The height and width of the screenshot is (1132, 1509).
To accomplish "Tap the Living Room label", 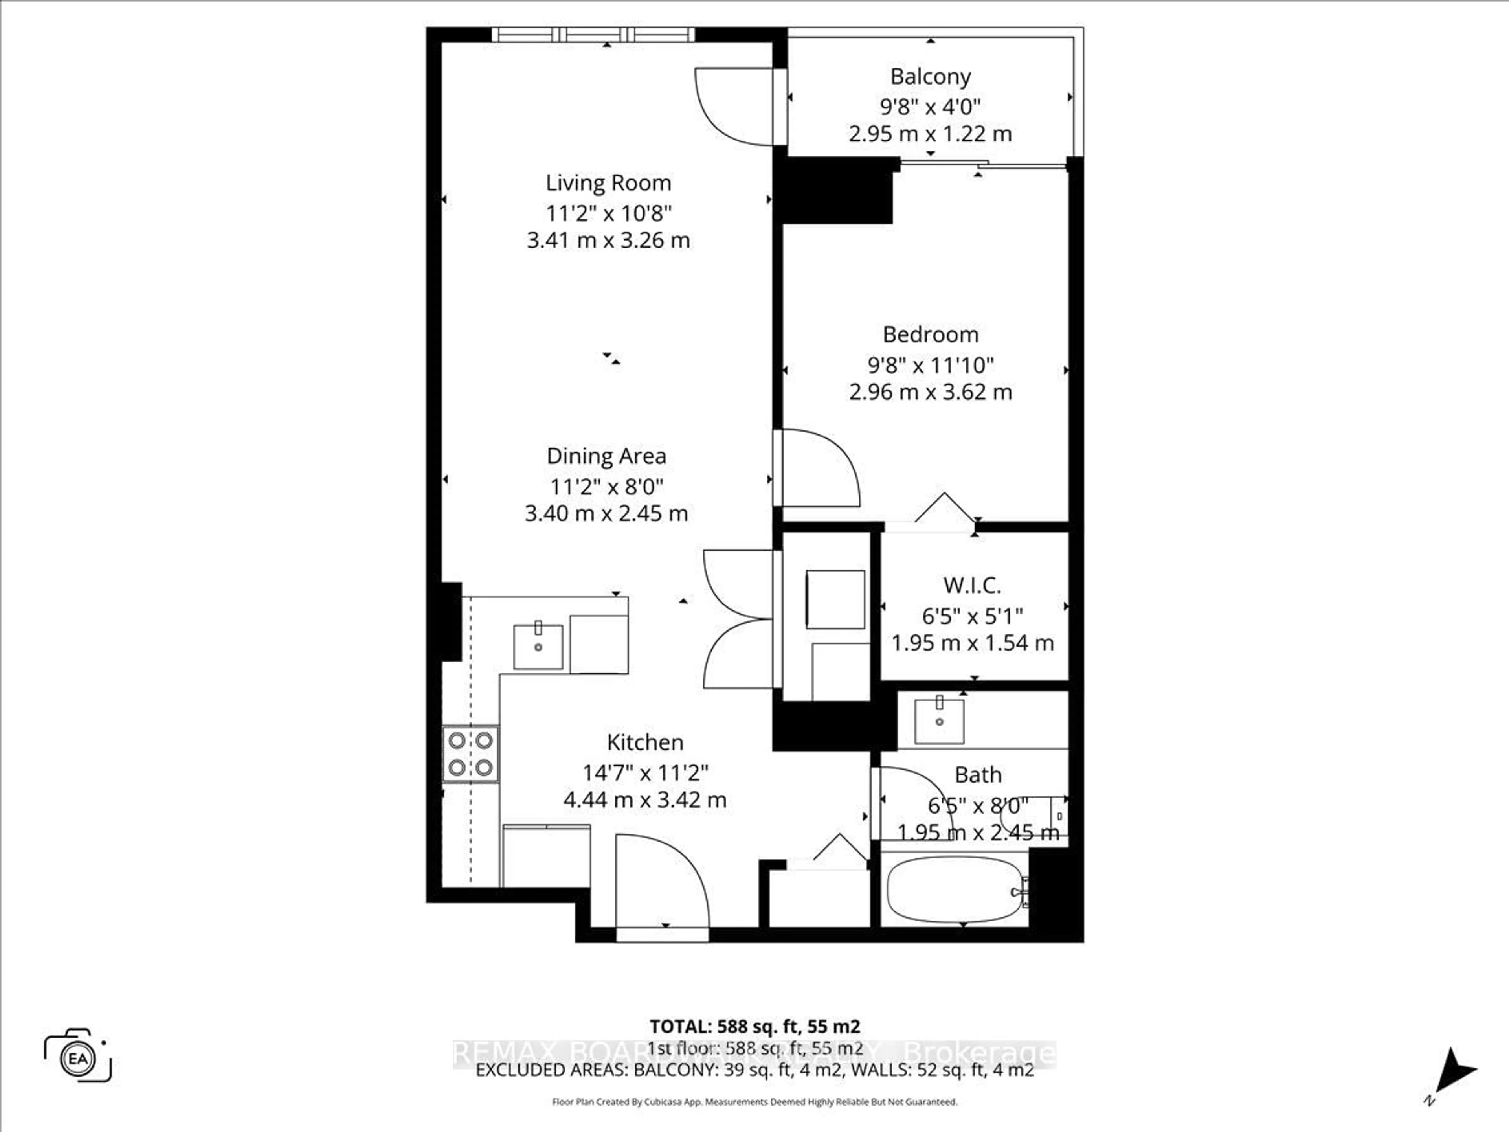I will click(x=608, y=183).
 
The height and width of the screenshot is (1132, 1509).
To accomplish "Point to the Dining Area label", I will click(x=606, y=456).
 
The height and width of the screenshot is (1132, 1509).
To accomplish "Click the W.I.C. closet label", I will click(x=972, y=585).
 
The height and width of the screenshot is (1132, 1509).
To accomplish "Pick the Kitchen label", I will click(x=645, y=742).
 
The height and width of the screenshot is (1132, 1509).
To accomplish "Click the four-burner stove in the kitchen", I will click(x=471, y=754).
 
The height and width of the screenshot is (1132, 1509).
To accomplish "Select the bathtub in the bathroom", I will click(x=955, y=890).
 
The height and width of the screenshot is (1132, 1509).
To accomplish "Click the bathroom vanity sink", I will click(x=939, y=720).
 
